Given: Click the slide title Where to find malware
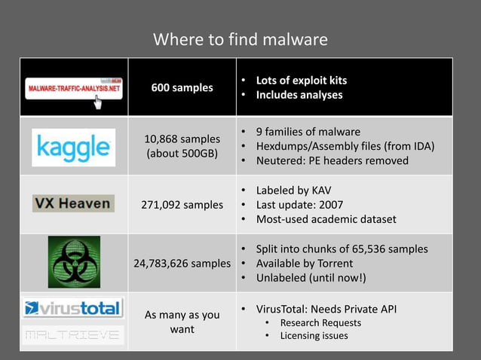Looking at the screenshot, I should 240,39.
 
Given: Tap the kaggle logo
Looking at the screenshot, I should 74,147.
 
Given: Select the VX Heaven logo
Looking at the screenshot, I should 73,203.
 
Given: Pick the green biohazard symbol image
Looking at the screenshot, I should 74,261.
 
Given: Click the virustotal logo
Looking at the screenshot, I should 73,307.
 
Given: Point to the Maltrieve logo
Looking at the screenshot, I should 73,334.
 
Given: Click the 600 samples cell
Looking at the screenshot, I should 182,87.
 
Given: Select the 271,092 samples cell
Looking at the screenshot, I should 182,205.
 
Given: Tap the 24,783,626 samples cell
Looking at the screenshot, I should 182,264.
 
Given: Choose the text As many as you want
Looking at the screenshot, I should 182,322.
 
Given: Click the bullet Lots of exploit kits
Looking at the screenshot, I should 302,80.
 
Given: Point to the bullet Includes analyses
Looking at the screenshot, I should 299,95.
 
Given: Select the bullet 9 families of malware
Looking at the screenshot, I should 308,132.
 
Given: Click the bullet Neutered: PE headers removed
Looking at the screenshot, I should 332,160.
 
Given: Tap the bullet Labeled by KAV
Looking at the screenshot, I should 293,191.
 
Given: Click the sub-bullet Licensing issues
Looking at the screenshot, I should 314,335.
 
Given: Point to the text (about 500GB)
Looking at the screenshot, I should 182,154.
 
